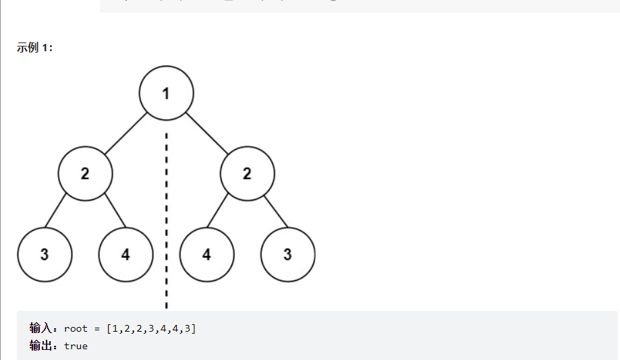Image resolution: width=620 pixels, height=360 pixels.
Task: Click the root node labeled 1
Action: [x=166, y=93]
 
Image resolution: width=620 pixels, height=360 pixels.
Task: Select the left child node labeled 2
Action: [x=85, y=174]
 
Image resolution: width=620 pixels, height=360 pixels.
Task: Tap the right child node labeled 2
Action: [x=247, y=174]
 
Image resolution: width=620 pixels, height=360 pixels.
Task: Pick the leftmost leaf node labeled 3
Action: [x=45, y=255]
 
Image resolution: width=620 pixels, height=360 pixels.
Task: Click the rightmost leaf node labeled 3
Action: [x=287, y=255]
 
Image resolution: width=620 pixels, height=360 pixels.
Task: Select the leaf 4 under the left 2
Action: [x=125, y=255]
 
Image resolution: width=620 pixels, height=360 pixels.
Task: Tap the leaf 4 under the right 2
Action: [x=206, y=255]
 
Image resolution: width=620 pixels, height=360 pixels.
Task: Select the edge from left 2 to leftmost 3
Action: [x=55, y=211]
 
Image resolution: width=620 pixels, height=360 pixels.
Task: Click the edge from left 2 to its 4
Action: [x=115, y=211]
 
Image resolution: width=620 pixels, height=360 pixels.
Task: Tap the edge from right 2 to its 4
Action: [x=217, y=211]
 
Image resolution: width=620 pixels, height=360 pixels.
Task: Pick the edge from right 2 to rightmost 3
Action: [x=277, y=211]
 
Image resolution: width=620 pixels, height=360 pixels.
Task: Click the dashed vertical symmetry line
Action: [x=166, y=202]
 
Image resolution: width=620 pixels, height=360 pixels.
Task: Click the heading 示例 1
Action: [x=34, y=49]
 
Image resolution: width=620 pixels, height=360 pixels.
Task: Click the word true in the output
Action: [x=76, y=346]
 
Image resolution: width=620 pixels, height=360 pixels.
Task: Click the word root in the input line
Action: [x=76, y=328]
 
